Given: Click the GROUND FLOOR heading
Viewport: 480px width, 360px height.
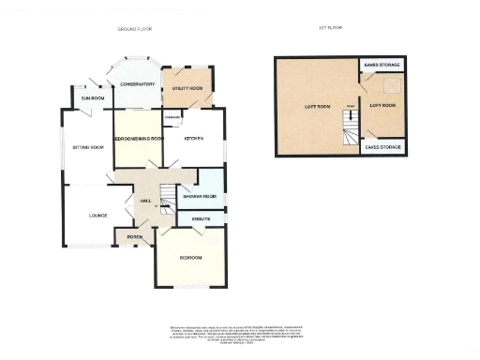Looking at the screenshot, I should [x=134, y=30].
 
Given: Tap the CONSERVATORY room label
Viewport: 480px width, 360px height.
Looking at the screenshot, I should [x=135, y=84].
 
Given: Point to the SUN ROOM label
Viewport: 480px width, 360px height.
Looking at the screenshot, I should [x=92, y=97].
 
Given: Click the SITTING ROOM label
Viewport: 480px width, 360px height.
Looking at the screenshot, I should [x=86, y=148].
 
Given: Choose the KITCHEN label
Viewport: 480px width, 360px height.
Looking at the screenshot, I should [x=194, y=138].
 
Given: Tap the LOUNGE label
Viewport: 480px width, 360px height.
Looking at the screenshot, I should [x=86, y=215].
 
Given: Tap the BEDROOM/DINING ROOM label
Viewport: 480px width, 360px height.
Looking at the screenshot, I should [x=138, y=138].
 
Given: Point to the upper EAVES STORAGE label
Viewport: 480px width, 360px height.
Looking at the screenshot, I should [x=383, y=64].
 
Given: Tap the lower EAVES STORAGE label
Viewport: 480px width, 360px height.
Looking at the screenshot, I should [x=383, y=147].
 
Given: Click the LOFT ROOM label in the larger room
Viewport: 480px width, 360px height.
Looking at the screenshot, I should [x=318, y=106].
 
